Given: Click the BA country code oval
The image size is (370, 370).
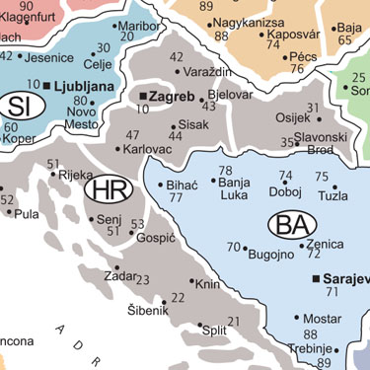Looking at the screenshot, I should tap(292, 225).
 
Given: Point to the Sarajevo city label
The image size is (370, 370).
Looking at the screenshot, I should tap(344, 279).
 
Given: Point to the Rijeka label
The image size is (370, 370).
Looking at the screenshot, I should tap(76, 176).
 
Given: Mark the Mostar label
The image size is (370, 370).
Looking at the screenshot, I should tap(322, 319).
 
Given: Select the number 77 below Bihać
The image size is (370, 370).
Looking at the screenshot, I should tap(176, 197).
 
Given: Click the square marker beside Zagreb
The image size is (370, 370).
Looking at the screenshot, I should tap(143, 96).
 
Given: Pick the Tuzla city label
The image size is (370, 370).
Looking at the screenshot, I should tap(333, 196).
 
